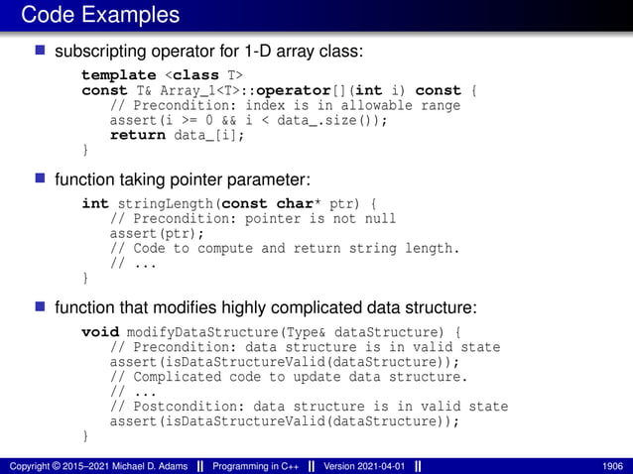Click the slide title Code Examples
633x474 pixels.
pos(99,15)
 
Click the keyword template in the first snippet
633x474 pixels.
pos(118,75)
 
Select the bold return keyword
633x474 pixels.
pos(137,135)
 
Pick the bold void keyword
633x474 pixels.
pos(99,332)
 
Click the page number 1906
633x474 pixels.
pos(612,465)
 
